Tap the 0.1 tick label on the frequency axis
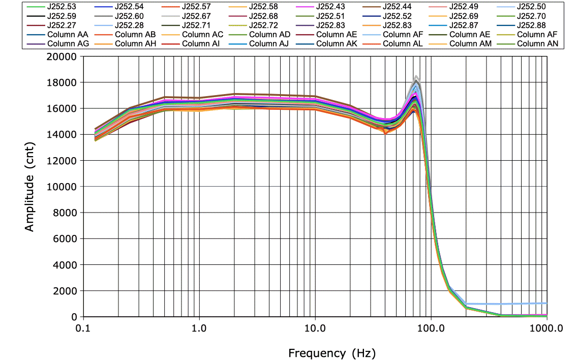point(82,328)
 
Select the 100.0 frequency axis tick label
point(431,328)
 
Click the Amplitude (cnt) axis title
point(30,187)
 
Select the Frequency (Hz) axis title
point(325,352)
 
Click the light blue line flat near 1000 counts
point(508,304)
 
